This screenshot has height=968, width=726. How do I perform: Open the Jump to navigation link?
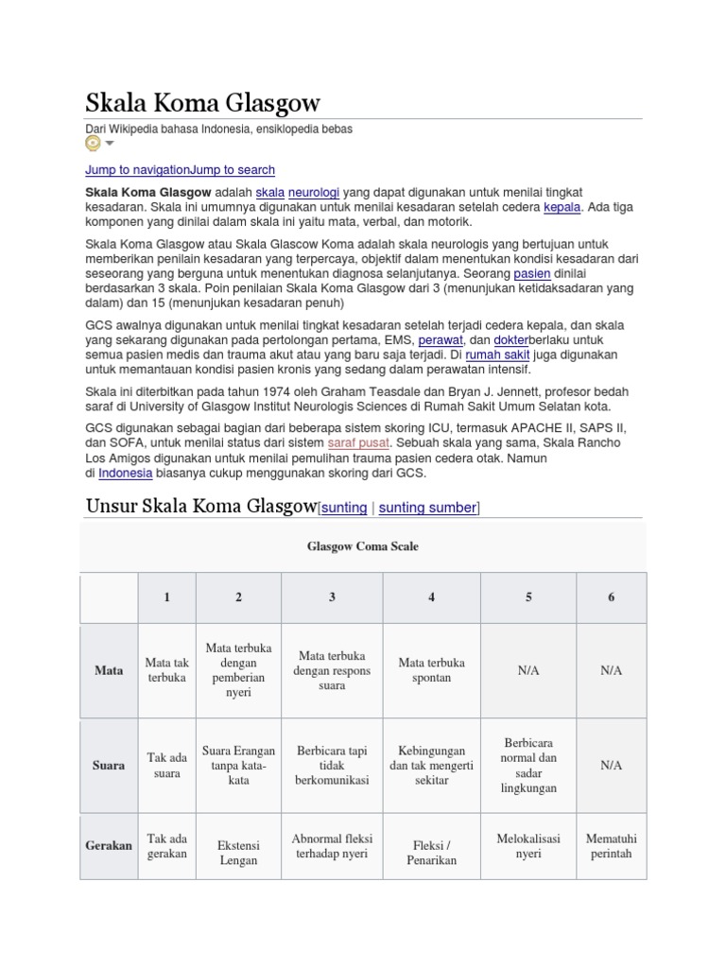point(137,170)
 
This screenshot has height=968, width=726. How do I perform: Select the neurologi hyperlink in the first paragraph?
point(313,190)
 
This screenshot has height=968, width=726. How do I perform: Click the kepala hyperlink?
point(562,206)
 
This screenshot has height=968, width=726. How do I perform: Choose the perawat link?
point(441,338)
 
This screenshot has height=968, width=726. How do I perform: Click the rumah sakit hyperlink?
point(503,354)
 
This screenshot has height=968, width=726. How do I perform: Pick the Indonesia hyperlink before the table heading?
point(125,473)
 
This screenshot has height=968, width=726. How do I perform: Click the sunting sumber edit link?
point(427,508)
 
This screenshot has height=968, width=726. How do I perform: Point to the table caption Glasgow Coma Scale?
point(362,546)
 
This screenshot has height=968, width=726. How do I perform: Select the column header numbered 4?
point(431,596)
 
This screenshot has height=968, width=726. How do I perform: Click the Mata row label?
point(110,670)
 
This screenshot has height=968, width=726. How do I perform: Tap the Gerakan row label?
point(110,845)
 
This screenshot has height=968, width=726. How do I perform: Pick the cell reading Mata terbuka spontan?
point(431,670)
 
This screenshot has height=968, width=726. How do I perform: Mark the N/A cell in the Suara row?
point(611,765)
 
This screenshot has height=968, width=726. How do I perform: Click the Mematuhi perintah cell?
point(611,845)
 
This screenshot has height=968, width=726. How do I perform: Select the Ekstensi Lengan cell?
point(238,853)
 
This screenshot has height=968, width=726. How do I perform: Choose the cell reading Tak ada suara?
point(167,765)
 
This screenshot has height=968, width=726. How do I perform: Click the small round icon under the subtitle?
point(93,144)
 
